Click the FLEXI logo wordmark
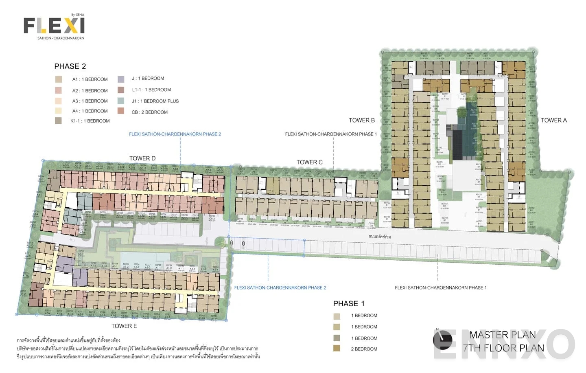[54, 26]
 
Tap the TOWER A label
[553, 120]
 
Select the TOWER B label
[361, 120]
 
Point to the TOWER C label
[309, 162]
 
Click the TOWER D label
[142, 158]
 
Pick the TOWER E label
[124, 326]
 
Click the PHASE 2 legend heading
[70, 66]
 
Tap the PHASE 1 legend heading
[349, 303]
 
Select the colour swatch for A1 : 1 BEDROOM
[59, 79]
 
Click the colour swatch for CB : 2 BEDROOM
[121, 111]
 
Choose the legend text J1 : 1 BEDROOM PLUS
[155, 101]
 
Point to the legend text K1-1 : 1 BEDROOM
[90, 121]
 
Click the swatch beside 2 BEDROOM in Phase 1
[337, 348]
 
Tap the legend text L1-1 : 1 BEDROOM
[151, 90]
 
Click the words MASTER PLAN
[502, 335]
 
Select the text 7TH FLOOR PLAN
[503, 348]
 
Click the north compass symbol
[442, 340]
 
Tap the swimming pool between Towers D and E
[145, 257]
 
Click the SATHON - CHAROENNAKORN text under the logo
[61, 38]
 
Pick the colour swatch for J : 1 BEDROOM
[121, 79]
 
